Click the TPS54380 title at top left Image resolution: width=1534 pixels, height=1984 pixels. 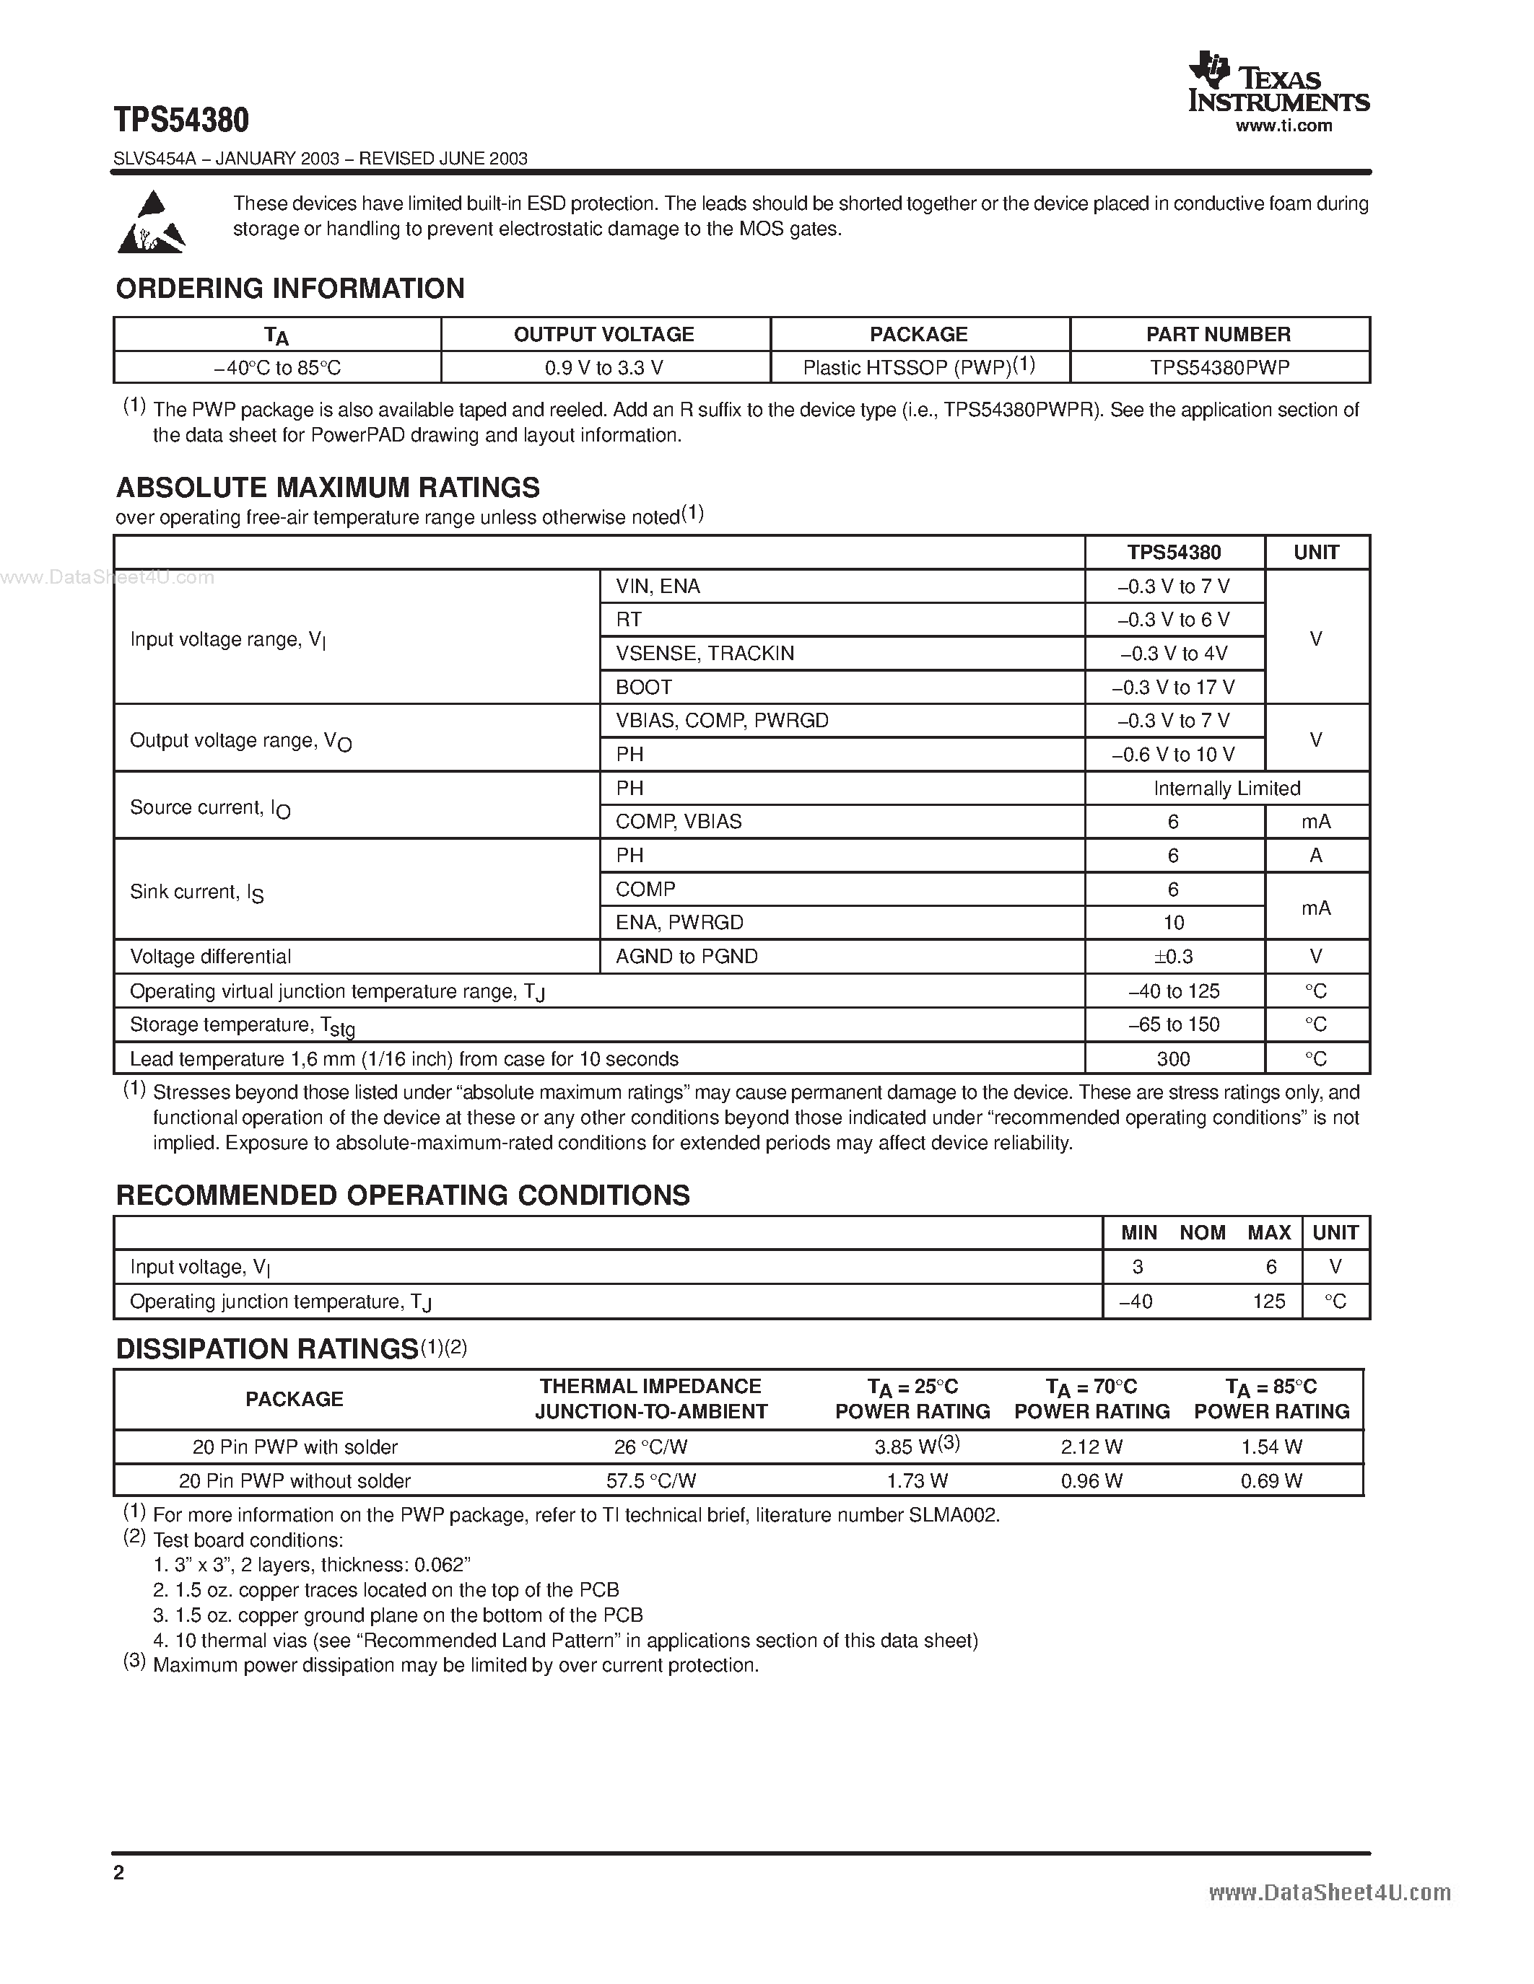pos(181,120)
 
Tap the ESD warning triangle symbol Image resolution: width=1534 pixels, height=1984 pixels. pos(151,221)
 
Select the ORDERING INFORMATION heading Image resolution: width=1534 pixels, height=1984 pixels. pos(290,289)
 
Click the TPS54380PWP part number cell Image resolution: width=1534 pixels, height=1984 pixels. pos(1219,368)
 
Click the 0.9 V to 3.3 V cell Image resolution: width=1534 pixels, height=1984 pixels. pos(603,368)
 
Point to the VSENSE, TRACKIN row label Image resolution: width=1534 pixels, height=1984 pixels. pos(705,653)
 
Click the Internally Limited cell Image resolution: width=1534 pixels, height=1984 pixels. pos(1226,789)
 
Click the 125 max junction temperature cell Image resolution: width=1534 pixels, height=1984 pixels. pos(1268,1302)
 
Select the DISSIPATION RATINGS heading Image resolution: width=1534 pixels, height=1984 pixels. pos(266,1350)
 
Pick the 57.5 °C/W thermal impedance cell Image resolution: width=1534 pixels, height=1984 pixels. pos(650,1480)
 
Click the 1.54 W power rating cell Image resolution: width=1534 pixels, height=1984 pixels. pos(1271,1447)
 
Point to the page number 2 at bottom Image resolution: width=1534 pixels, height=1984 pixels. pos(119,1872)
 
